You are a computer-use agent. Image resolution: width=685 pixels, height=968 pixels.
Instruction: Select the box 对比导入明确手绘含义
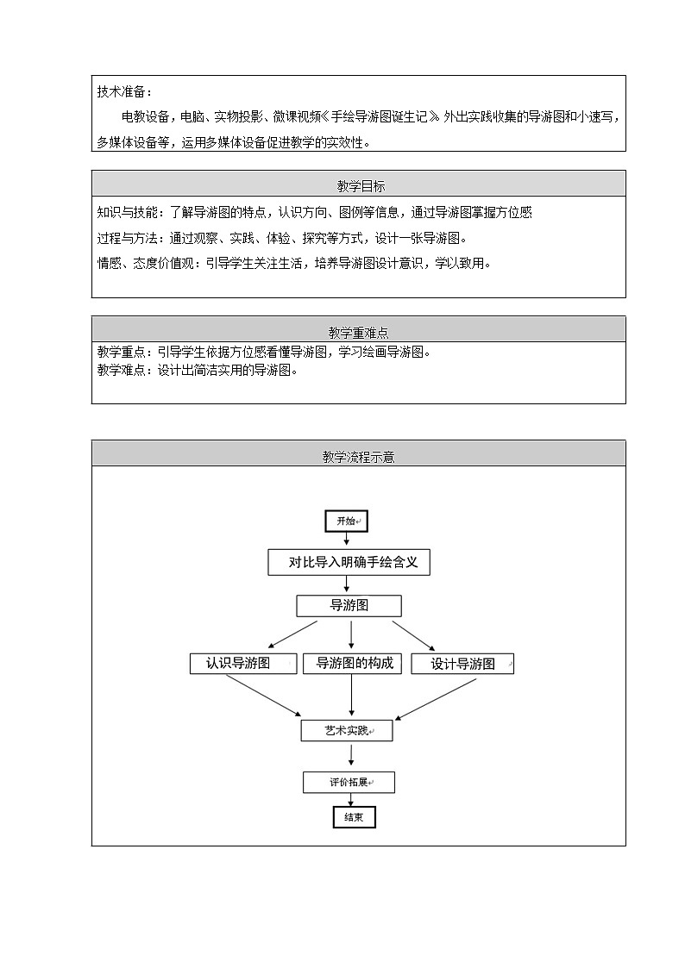(349, 563)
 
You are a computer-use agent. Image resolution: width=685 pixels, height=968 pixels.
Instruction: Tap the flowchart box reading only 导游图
(349, 606)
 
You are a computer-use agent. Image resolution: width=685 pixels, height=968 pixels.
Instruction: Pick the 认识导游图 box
(242, 663)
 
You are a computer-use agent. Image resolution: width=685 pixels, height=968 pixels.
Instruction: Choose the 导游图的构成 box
(352, 663)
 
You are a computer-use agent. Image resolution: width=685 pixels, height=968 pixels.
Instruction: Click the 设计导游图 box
(462, 664)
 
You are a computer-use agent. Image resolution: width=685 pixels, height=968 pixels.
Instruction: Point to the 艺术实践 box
(347, 731)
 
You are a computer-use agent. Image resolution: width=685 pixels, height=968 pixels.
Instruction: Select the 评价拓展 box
(349, 783)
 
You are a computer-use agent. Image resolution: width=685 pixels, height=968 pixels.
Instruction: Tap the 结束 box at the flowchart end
(354, 817)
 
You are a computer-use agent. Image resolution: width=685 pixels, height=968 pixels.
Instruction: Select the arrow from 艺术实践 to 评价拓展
(351, 755)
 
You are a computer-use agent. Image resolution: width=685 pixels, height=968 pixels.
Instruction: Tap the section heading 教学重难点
(358, 333)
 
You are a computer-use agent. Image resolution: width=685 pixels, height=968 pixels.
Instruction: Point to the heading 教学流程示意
(358, 458)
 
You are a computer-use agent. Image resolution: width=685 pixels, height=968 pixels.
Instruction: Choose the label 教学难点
(123, 371)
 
